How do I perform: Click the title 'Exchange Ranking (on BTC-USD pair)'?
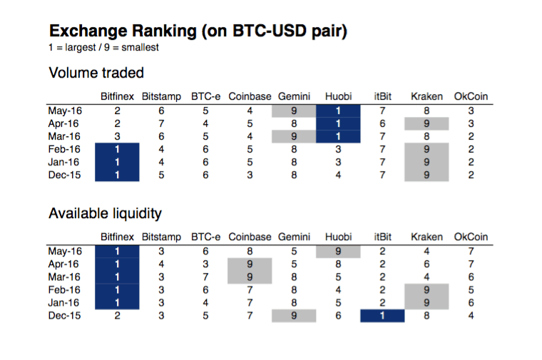point(198,31)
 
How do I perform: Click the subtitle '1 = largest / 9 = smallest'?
point(103,48)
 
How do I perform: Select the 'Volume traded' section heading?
point(96,73)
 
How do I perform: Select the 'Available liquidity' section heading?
point(105,213)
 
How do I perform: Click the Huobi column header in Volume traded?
point(338,96)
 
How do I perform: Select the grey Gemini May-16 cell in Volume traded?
point(294,110)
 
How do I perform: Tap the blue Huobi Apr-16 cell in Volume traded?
point(338,123)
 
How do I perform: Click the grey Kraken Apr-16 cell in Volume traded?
point(426,123)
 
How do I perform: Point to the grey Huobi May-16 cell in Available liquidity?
point(338,251)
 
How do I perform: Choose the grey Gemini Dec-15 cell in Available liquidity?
point(294,315)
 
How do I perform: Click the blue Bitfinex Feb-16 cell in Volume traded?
point(117,149)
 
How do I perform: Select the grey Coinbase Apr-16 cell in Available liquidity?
point(250,264)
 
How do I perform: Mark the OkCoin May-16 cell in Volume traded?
point(471,110)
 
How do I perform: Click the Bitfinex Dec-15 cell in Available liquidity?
point(117,315)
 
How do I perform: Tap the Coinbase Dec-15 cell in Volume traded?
point(250,175)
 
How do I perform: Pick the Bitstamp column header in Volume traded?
point(161,96)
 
